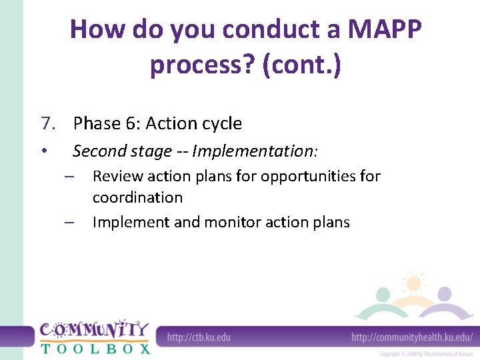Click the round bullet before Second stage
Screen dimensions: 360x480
[x=43, y=151]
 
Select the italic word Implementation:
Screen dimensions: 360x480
[x=255, y=151]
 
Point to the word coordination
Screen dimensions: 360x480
[x=137, y=197]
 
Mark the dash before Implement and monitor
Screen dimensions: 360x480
[x=69, y=223]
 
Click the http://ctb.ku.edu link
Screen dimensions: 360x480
[x=198, y=337]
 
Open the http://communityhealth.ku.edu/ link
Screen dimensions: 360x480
[x=411, y=337]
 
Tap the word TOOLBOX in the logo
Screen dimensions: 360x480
[x=95, y=347]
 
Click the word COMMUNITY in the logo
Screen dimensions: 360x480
[x=94, y=330]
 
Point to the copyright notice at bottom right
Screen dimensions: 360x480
[x=426, y=354]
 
